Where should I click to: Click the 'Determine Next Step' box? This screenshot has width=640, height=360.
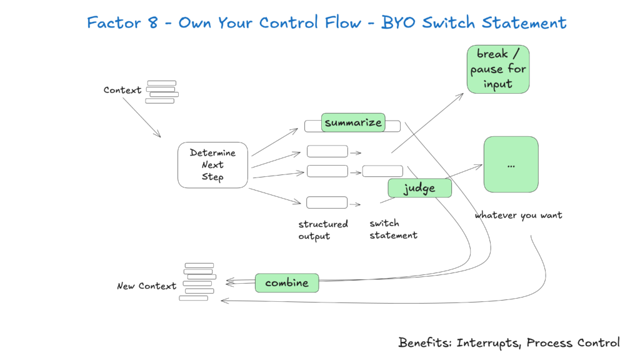[x=212, y=165]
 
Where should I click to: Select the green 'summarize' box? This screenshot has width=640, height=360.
[x=352, y=122]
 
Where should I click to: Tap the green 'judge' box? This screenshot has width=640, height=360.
[x=419, y=188]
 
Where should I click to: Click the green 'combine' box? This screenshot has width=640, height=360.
[x=287, y=283]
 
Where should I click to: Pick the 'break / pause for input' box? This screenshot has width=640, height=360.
[x=498, y=69]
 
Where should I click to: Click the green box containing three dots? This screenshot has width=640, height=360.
[x=511, y=164]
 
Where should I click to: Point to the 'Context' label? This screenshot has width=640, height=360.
[x=122, y=90]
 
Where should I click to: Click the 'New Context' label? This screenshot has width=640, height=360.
[x=147, y=286]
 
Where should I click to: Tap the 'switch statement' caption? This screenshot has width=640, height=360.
[x=393, y=229]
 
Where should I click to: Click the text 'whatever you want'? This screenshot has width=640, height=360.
[x=518, y=215]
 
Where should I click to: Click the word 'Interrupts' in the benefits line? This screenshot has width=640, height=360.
[x=488, y=342]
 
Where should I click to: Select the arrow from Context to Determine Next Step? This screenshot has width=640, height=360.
[x=141, y=117]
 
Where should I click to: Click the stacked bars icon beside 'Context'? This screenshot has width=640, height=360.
[x=161, y=92]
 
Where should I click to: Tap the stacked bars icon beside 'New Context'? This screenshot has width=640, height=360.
[x=198, y=282]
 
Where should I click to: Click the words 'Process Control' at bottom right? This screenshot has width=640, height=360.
[x=573, y=342]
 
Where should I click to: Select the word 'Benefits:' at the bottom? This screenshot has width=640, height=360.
[x=426, y=342]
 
